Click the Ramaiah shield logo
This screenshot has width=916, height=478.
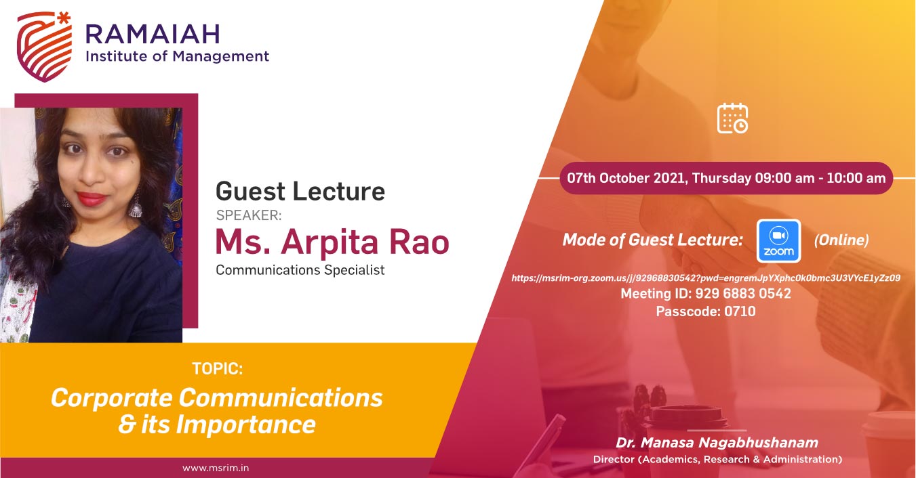(x=44, y=47)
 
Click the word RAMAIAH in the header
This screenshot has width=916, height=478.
(x=153, y=34)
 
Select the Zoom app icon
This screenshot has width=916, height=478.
(x=778, y=241)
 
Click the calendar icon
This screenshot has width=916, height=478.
(x=732, y=118)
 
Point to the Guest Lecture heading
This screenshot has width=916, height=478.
(x=300, y=191)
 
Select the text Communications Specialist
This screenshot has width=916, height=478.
(x=300, y=270)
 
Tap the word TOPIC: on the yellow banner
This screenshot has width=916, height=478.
(x=218, y=368)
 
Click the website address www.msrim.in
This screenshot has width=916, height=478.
(x=216, y=469)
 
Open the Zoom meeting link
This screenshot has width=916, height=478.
(x=706, y=278)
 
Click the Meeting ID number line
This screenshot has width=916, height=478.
(x=706, y=293)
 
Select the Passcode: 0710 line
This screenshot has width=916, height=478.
(x=706, y=311)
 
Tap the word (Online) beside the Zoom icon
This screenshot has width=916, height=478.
(x=841, y=240)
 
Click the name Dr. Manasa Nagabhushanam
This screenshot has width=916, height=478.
(x=717, y=443)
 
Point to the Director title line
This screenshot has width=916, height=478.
(x=717, y=459)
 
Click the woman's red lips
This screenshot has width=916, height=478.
(x=92, y=198)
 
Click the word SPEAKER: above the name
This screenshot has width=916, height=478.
(x=249, y=215)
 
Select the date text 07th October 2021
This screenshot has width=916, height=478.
(x=626, y=178)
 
